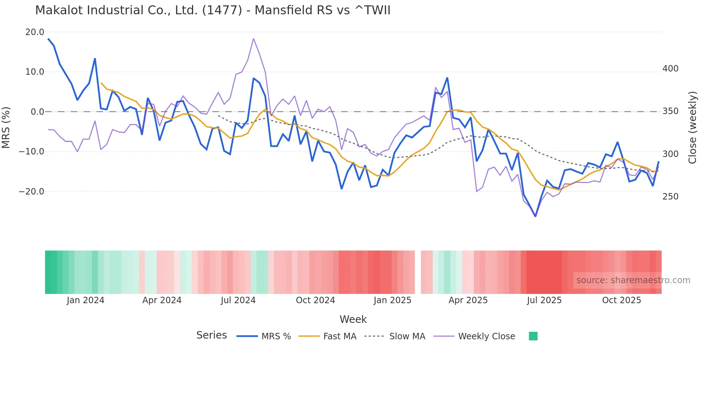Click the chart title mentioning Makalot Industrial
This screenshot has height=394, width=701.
(x=212, y=10)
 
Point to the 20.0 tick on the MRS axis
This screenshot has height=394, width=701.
(x=35, y=32)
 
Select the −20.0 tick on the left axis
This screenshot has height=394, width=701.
(x=31, y=192)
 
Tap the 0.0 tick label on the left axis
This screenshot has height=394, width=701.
(x=38, y=112)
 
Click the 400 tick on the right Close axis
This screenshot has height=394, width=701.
(x=670, y=69)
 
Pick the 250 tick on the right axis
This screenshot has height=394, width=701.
(x=670, y=197)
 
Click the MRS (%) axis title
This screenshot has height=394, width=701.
(x=6, y=128)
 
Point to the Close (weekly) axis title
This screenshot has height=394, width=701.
(x=692, y=128)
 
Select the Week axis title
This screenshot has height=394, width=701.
(x=353, y=319)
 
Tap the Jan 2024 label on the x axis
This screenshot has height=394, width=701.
(x=85, y=300)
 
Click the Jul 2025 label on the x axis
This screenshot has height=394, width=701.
(x=544, y=300)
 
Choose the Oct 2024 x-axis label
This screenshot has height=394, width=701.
(x=315, y=300)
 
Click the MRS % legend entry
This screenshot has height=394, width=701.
(x=264, y=336)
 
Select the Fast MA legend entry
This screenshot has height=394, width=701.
(x=328, y=336)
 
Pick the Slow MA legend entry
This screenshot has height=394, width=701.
(x=395, y=336)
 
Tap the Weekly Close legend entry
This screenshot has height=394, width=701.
(x=474, y=336)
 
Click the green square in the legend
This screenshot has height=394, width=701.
(x=533, y=336)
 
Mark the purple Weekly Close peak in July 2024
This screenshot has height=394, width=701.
(x=254, y=39)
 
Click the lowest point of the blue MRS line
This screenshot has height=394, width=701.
(x=535, y=216)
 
